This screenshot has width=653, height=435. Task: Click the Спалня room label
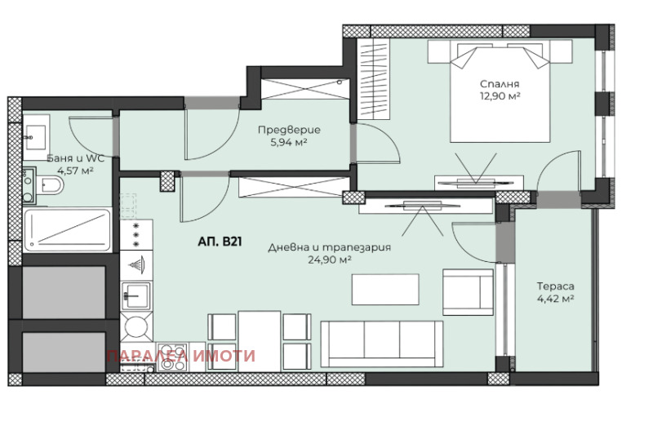coord(500,84)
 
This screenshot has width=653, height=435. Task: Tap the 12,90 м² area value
coord(500,96)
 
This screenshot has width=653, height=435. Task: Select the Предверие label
coord(289,130)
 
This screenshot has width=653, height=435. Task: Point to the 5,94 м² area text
coord(289,143)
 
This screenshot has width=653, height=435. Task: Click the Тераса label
coord(556,286)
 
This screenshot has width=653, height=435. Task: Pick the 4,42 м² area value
coord(556,299)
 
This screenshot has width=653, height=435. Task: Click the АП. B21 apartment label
coord(220,242)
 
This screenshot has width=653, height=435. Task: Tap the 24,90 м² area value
coord(330,260)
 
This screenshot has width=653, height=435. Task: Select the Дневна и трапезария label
coord(330,247)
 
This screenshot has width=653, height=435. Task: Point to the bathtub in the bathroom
coord(68,230)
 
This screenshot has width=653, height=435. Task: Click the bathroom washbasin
coord(36,137)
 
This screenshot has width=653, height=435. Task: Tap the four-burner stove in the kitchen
coord(172,357)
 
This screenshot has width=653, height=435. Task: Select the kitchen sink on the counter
coord(135,295)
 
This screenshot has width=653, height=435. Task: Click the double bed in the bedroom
coord(500,91)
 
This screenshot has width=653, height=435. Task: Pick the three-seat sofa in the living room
coord(381,344)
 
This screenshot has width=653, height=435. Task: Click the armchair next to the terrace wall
coord(468,292)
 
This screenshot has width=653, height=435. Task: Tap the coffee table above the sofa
coord(385,289)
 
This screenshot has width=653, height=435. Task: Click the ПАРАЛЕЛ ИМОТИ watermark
coord(180,356)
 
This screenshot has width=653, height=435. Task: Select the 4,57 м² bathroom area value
coord(75,171)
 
